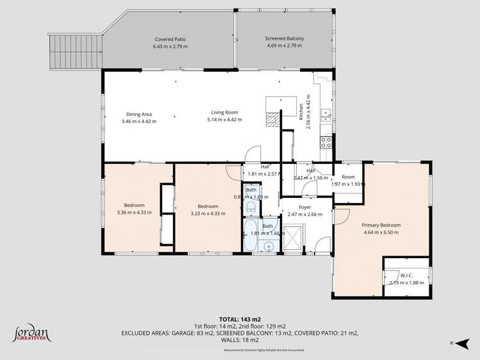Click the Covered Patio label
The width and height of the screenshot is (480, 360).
point(169,38)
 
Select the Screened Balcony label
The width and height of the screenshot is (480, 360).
point(285,38)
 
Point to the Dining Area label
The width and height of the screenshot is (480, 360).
point(138,113)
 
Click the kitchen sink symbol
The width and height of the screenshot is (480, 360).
point(326,115)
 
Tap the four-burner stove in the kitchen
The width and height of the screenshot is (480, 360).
point(326,141)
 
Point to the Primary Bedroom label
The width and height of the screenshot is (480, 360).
point(381,225)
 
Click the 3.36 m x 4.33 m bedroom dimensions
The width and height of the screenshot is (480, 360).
point(134,213)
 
